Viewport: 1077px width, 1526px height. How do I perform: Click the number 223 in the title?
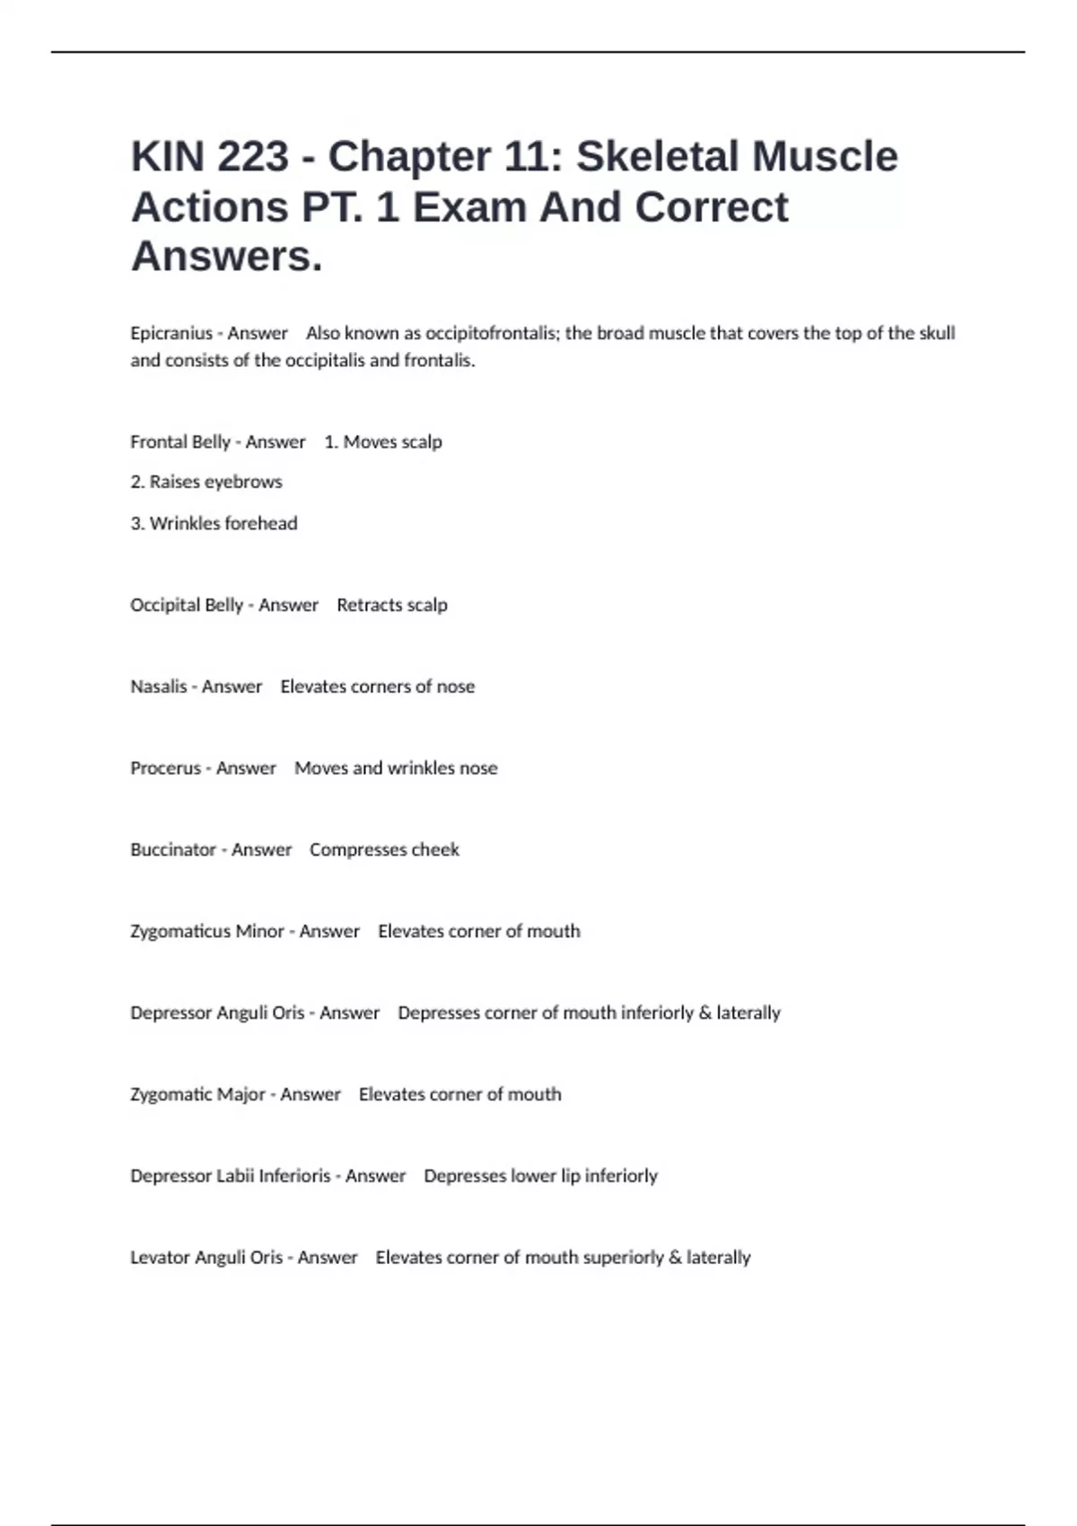253,157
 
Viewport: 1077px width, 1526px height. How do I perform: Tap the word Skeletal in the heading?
657,157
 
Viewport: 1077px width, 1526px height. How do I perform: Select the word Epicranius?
171,333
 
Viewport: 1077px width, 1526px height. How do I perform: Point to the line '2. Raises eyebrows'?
206,482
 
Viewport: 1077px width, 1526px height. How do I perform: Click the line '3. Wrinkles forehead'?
214,523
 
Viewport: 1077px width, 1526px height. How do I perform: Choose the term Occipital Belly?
187,605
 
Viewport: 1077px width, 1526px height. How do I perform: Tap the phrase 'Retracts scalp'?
391,605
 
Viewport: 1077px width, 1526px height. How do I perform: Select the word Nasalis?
159,687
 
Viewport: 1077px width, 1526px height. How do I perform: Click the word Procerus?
165,768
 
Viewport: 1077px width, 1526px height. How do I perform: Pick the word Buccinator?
173,850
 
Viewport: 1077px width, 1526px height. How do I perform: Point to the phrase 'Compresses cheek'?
384,850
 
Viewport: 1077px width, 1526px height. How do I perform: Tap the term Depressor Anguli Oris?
217,1013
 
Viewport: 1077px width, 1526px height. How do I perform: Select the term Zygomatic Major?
197,1095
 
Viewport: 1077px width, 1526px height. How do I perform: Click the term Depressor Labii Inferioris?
231,1176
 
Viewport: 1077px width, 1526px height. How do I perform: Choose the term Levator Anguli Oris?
206,1258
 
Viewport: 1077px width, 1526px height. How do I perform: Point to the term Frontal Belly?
180,442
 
